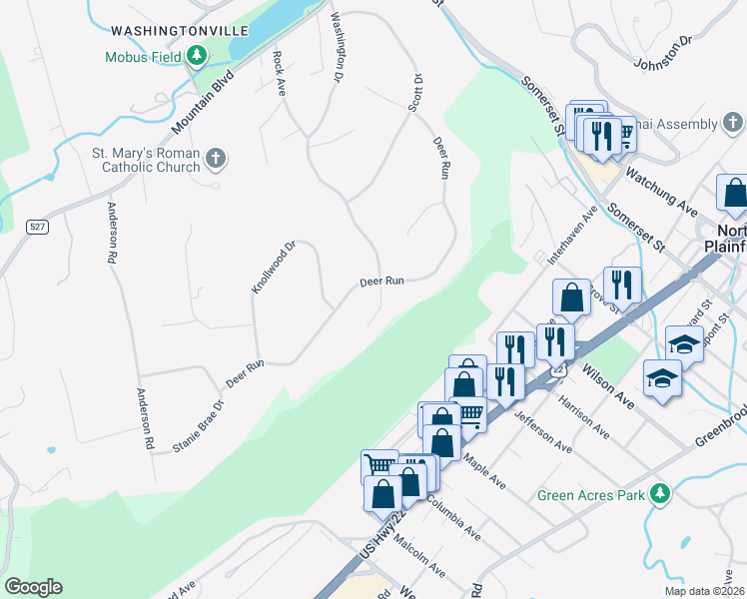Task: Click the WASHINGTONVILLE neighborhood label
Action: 179,31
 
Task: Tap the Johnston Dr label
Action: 663,54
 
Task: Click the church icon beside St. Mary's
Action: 215,159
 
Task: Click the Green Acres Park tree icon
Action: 659,494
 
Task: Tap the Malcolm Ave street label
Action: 418,557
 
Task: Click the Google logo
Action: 33,587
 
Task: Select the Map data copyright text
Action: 703,591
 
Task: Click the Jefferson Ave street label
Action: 543,430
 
